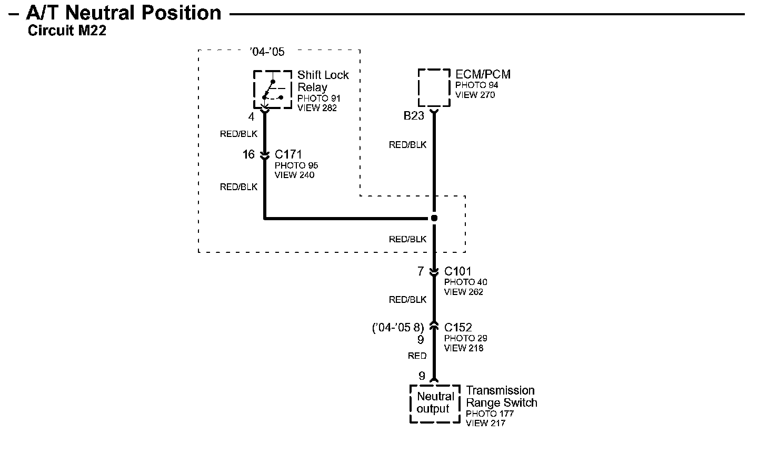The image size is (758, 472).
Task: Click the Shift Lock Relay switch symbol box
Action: coord(273,90)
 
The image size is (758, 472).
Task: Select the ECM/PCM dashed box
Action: coord(434,87)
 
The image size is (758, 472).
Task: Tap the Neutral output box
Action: coord(435,403)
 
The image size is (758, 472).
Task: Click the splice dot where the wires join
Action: coord(434,218)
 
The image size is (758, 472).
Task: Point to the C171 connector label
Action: coord(288,155)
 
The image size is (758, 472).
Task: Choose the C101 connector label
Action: coord(458,272)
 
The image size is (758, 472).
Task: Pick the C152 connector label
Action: coord(458,328)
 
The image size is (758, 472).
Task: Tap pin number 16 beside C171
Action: coord(248,155)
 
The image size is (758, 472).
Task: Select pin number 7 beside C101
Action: coord(421,272)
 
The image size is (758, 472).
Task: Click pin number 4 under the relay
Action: coord(251,117)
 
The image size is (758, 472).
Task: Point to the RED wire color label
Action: coord(417,356)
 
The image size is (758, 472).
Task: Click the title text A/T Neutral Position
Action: coord(124,13)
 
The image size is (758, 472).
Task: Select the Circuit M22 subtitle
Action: coord(67,31)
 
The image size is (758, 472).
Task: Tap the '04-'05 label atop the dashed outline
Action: coord(267,52)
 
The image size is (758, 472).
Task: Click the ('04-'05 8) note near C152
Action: coord(398,328)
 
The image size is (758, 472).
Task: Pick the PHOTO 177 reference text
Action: coord(490,414)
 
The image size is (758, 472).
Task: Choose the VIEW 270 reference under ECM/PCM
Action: coord(475,95)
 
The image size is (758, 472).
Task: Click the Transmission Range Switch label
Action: coord(501,397)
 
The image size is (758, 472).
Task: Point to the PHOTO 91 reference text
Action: coord(319,99)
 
